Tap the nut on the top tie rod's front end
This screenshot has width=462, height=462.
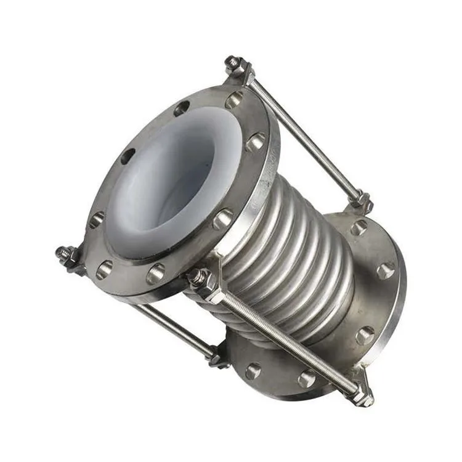(235, 64)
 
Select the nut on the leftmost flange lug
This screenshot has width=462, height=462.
(65, 254)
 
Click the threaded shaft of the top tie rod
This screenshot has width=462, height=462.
(302, 136)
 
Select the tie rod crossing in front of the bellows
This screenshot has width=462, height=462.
(283, 336)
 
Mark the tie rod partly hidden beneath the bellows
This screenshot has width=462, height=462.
(172, 326)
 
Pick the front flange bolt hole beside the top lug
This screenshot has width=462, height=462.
(235, 100)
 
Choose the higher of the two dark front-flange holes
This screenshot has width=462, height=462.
(181, 109)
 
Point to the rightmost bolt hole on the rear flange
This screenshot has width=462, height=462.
(386, 270)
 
